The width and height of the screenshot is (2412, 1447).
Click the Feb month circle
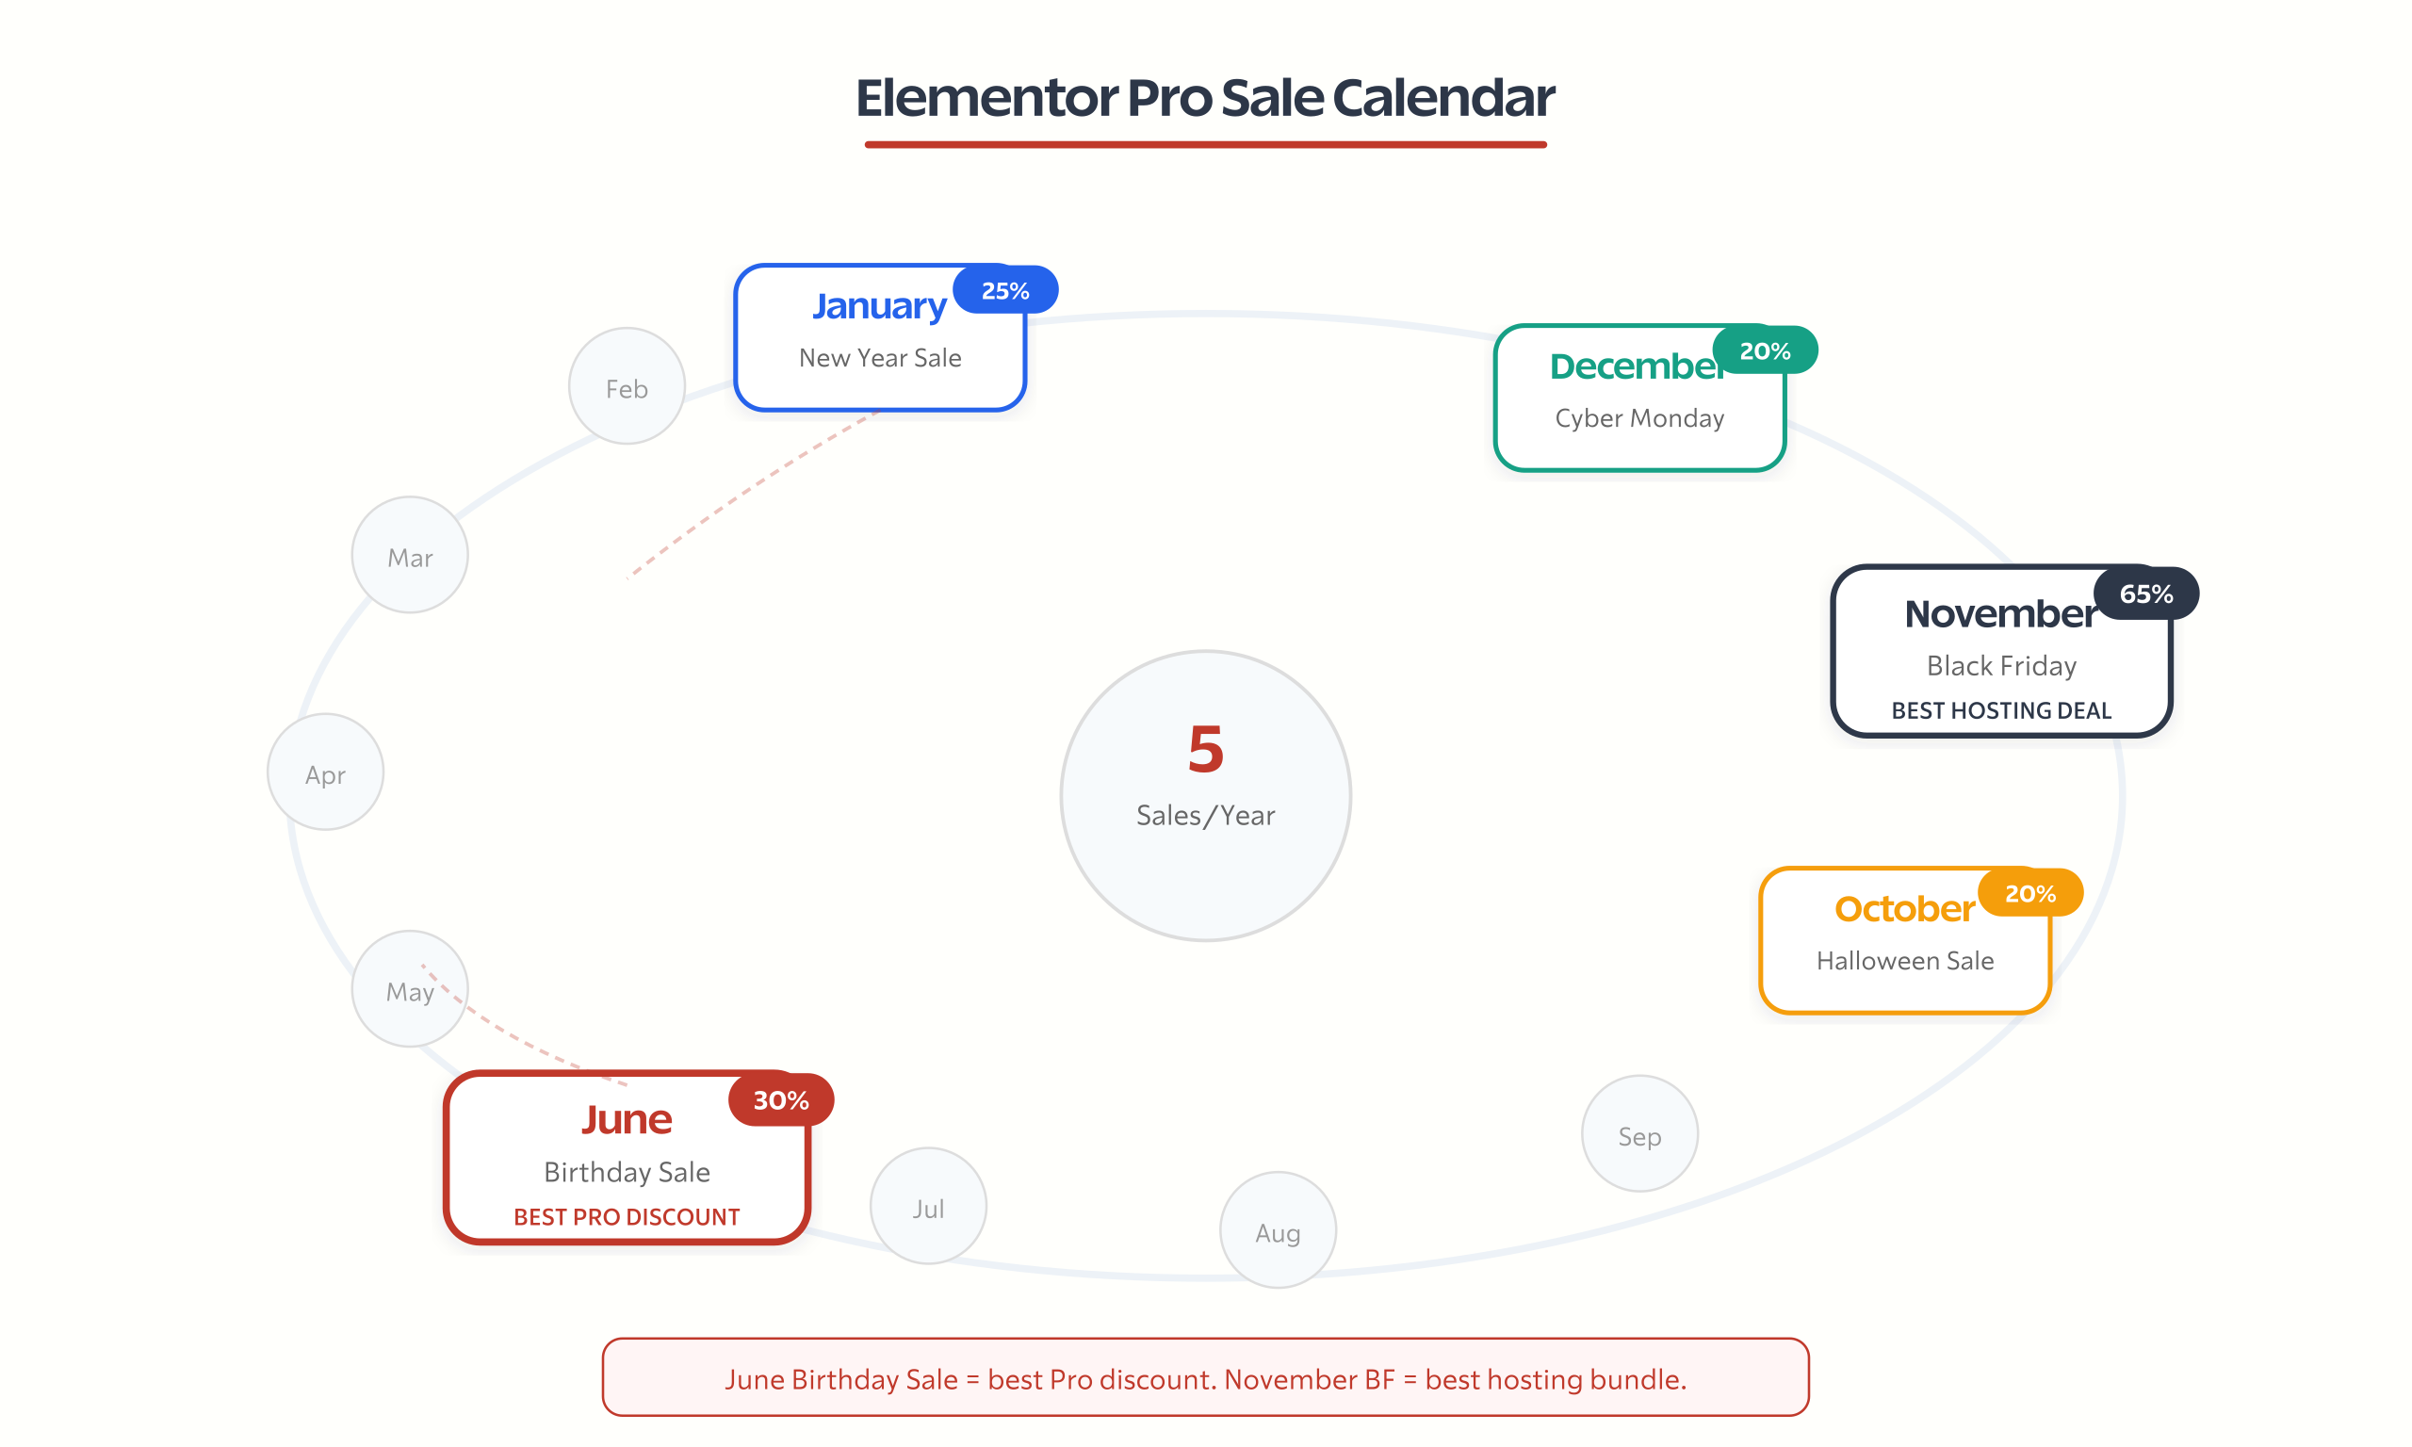point(627,387)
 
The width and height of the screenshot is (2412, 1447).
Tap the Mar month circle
point(410,556)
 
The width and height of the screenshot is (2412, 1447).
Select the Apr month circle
point(326,773)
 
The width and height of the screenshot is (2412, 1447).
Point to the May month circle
point(410,990)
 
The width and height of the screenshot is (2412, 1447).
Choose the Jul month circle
point(928,1207)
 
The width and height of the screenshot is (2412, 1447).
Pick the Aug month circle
point(1279,1231)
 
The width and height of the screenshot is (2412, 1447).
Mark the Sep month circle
point(1639,1135)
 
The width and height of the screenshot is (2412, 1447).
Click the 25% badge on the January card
point(1005,290)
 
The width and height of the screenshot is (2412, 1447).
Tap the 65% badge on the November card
point(2146,593)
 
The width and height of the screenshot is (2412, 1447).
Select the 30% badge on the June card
point(781,1100)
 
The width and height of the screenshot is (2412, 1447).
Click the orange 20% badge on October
point(2029,893)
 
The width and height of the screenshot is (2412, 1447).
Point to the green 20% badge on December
point(1765,351)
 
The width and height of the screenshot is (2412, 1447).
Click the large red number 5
point(1206,749)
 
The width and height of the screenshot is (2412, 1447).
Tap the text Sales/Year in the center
point(1206,815)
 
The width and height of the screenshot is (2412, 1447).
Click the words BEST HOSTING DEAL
point(2000,711)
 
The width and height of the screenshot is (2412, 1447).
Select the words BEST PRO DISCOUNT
point(627,1217)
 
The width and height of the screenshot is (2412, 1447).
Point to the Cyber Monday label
point(1639,418)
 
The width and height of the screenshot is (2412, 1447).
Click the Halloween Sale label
point(1905,961)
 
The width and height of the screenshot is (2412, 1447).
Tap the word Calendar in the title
point(1442,98)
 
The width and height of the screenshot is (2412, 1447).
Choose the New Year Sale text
point(880,358)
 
